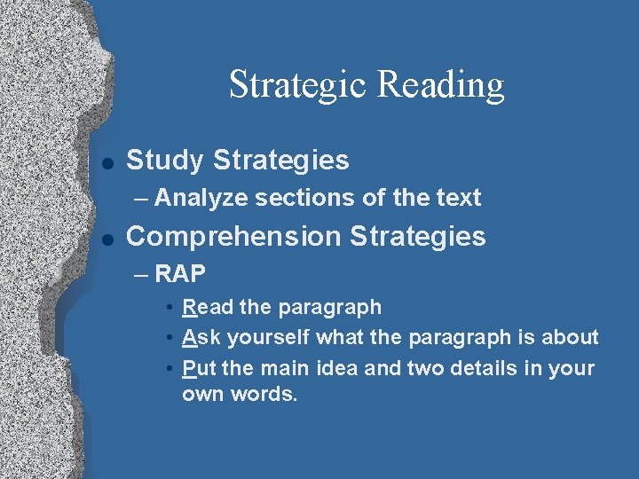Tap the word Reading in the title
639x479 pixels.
(x=440, y=85)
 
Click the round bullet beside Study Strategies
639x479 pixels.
(x=106, y=162)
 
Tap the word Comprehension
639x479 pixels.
(x=234, y=237)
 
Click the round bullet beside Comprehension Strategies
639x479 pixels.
(x=106, y=239)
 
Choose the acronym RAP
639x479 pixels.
(x=179, y=274)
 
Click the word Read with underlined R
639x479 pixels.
(x=208, y=308)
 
